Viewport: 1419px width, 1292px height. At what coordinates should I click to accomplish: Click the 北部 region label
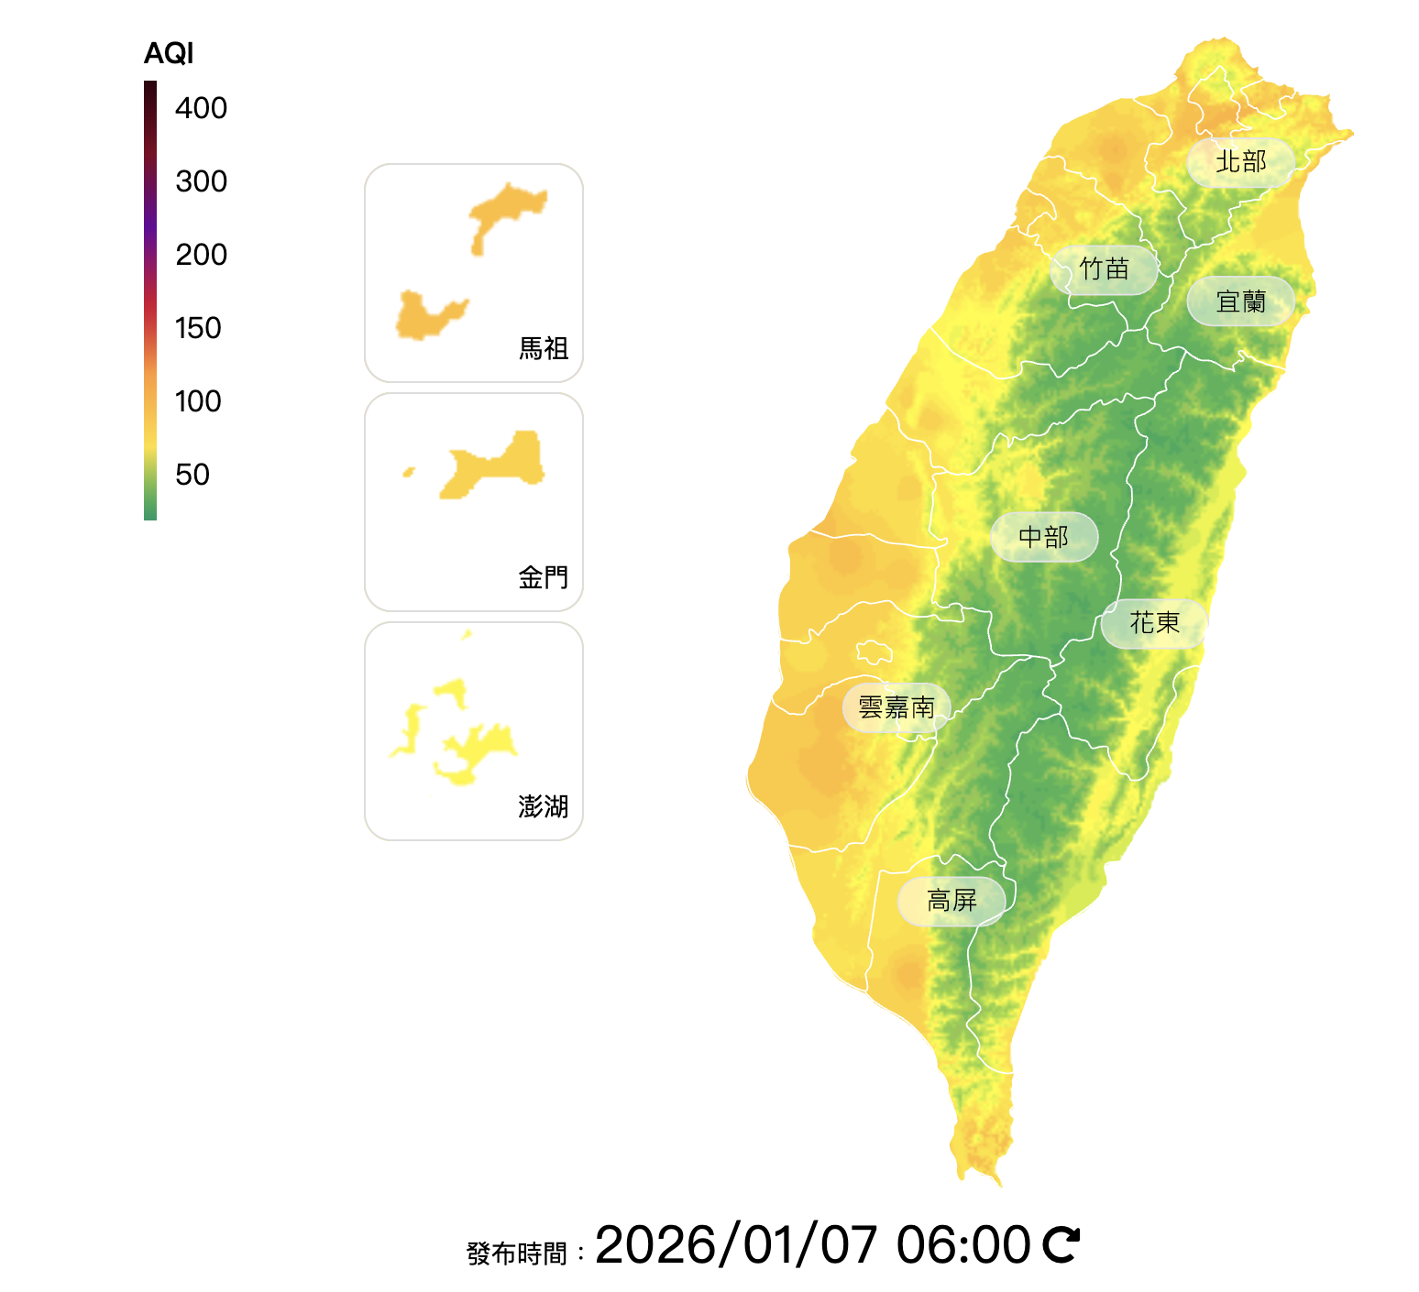[1240, 162]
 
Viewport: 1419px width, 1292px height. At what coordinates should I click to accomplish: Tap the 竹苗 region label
[1104, 269]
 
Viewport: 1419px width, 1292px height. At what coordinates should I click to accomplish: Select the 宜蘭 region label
[1240, 301]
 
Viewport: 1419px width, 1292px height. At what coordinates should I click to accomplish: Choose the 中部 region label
[1043, 537]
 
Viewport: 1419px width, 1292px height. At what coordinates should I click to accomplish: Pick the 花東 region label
[1154, 623]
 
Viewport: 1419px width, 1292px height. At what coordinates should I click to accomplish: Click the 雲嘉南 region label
[896, 707]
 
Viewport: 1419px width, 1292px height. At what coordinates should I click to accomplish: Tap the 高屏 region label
[951, 901]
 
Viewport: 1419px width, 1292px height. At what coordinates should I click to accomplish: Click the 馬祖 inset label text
[544, 348]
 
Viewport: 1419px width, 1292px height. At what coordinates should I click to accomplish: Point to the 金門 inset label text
[544, 577]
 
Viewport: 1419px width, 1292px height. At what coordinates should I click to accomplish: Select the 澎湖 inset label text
[544, 806]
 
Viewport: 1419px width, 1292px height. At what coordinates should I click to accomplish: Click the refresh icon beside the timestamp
[1061, 1244]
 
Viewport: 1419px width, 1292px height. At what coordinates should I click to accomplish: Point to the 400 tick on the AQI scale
[201, 108]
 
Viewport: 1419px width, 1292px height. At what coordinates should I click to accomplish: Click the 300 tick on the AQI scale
[201, 181]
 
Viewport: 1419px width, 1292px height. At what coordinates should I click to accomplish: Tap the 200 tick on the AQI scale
[201, 255]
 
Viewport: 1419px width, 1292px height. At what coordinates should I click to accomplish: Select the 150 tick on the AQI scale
[198, 328]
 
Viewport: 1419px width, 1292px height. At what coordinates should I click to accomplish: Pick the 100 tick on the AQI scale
[198, 401]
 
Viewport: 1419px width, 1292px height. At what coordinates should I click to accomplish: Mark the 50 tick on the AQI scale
[192, 475]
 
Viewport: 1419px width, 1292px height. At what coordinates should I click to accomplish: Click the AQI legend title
[169, 54]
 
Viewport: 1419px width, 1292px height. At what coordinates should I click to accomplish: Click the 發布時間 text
[517, 1253]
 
